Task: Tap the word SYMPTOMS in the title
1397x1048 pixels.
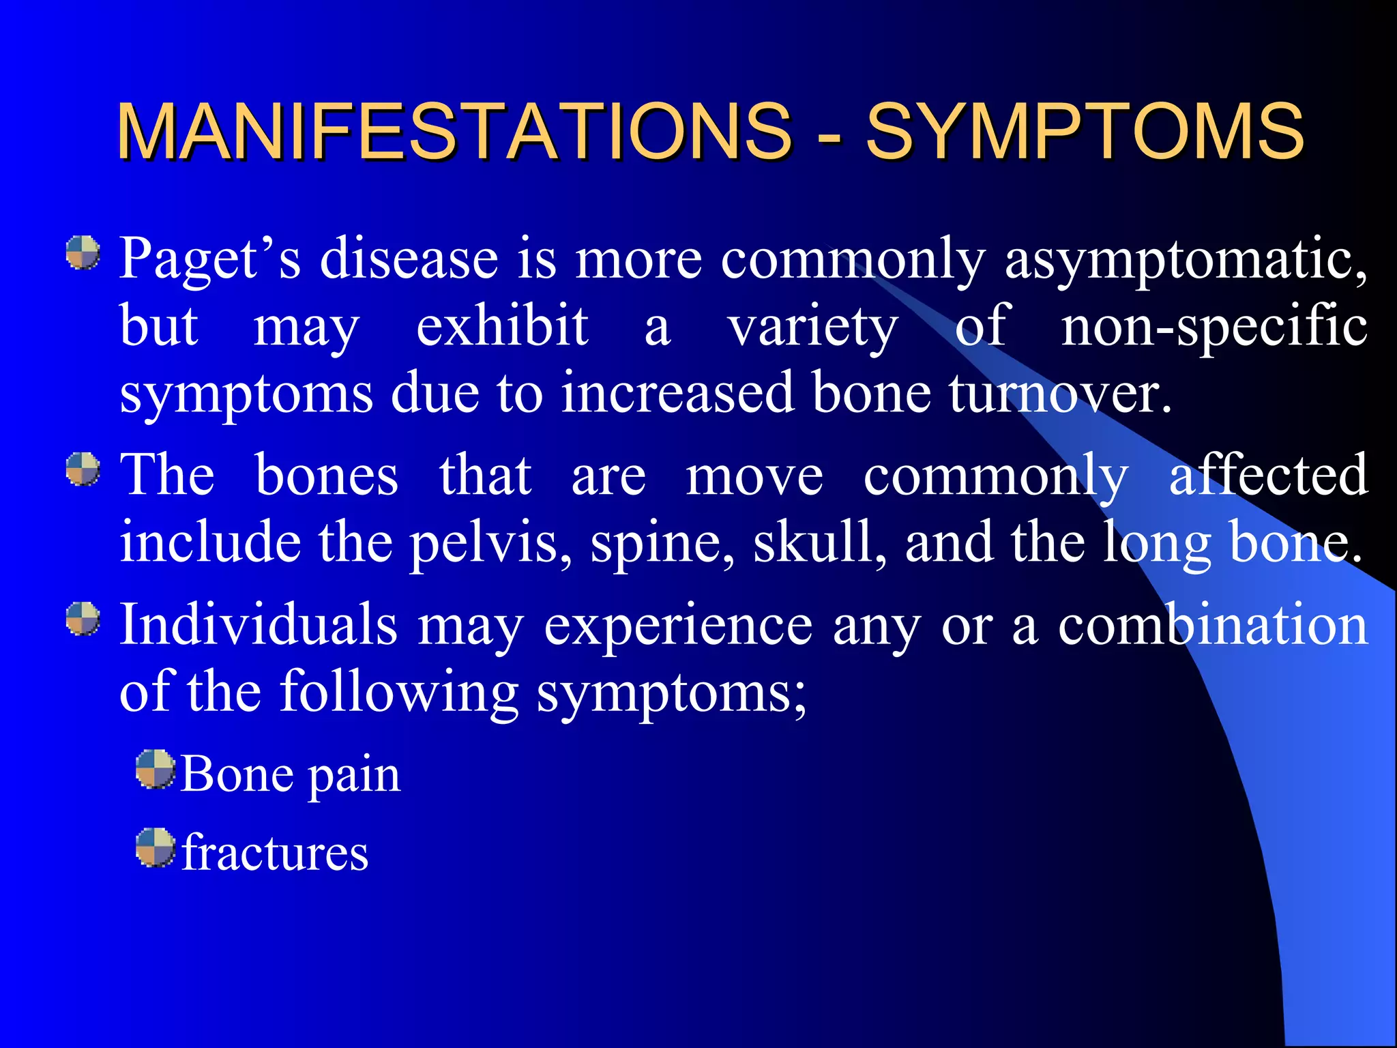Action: click(x=1085, y=131)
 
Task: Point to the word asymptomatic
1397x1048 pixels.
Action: click(x=1186, y=259)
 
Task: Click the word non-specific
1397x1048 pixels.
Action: click(x=1214, y=326)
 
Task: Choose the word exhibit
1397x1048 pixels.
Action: click(x=502, y=326)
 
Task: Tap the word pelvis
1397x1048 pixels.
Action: click(x=492, y=542)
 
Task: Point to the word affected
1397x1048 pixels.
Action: click(x=1268, y=475)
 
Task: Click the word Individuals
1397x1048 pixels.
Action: click(x=259, y=625)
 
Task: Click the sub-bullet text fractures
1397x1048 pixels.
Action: click(x=275, y=853)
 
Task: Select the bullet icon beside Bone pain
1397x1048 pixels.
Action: click(x=155, y=770)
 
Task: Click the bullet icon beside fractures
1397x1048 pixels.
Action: click(x=155, y=847)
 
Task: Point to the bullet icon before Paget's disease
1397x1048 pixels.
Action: click(x=83, y=253)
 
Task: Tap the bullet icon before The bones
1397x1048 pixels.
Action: click(x=83, y=470)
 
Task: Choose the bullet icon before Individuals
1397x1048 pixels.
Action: click(x=83, y=619)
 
